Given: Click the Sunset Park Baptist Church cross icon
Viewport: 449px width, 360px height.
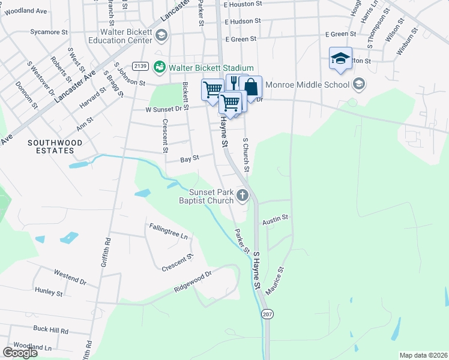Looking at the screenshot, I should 243,194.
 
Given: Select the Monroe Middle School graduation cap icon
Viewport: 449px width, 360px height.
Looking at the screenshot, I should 359,84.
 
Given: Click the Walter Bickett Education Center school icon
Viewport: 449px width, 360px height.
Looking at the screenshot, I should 161,35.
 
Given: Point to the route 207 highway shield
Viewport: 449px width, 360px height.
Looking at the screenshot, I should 267,314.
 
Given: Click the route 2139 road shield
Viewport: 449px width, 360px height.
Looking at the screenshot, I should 140,66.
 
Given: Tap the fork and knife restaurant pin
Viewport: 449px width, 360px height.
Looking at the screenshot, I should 234,83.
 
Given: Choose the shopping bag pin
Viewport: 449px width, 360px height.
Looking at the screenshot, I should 250,85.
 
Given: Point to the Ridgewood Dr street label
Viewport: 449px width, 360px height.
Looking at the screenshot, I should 193,281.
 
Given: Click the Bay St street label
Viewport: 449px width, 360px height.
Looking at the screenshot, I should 190,160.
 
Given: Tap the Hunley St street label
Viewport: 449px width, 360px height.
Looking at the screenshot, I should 49,293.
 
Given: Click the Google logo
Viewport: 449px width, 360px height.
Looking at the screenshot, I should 20,353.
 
